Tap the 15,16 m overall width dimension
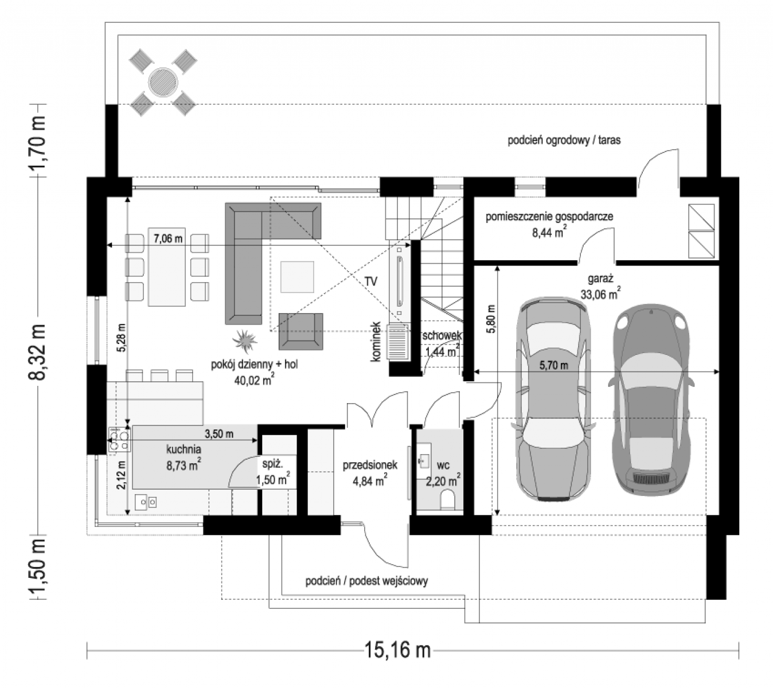click(398, 650)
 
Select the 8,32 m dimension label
click(38, 352)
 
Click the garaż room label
click(600, 279)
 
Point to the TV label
click(371, 282)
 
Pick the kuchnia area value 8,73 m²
click(184, 466)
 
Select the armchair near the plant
click(300, 331)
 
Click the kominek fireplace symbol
click(398, 342)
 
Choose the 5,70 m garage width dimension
click(553, 366)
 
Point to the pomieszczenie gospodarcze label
click(549, 217)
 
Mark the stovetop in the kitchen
click(119, 440)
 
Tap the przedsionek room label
click(370, 465)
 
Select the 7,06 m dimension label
click(168, 239)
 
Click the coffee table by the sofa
click(297, 277)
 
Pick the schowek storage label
click(442, 336)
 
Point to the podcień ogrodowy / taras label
click(564, 140)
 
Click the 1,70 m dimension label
click(38, 141)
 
